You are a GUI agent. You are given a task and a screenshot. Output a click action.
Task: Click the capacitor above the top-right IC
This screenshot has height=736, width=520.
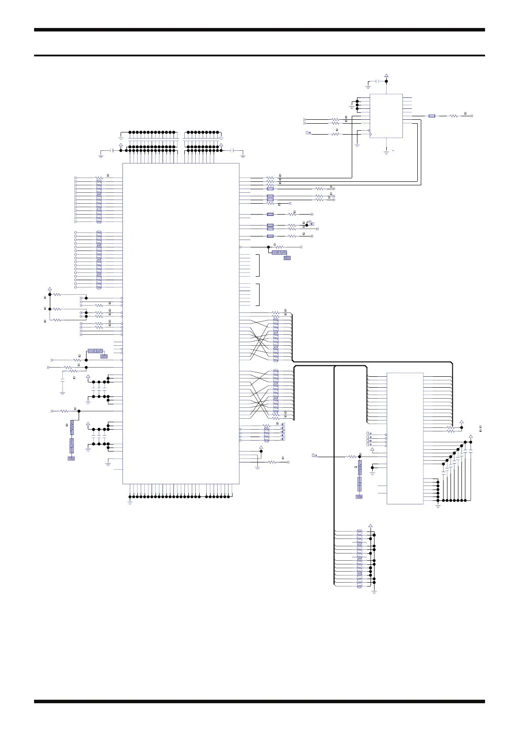coord(377,81)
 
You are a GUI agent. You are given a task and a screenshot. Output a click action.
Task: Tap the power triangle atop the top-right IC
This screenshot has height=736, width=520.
coord(386,76)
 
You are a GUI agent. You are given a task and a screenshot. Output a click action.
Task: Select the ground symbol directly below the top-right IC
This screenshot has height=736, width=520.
coord(386,152)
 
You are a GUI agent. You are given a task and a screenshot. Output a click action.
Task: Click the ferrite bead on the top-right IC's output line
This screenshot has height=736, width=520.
coord(432,116)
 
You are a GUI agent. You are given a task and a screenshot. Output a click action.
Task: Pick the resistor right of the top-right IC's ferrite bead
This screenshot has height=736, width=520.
coord(454,116)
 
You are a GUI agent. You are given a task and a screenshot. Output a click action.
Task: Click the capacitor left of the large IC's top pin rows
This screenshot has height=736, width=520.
coord(113,150)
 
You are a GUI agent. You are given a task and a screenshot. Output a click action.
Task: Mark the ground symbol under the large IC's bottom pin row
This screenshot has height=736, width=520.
coord(130,502)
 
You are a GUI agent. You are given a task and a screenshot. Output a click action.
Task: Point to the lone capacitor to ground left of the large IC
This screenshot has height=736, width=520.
coord(62,387)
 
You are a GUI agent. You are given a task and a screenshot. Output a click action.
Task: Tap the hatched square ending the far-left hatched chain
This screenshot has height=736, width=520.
coord(71,458)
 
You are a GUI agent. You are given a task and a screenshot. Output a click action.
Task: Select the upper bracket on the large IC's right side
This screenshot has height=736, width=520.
coord(259,265)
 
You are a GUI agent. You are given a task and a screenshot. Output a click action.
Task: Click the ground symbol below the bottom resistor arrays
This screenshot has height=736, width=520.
coord(374,591)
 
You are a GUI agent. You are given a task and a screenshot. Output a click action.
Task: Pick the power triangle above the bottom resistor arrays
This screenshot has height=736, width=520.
coord(371,526)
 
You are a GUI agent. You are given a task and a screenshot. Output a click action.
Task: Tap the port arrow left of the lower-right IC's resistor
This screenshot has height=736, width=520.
coord(314,455)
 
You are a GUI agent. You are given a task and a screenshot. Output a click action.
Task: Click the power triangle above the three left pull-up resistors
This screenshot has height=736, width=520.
coord(49,288)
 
